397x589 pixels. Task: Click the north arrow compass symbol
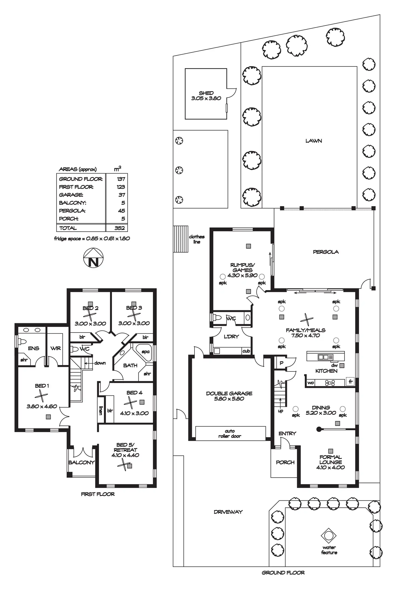[93, 258]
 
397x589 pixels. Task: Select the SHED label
[206, 93]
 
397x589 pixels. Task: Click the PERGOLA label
[326, 252]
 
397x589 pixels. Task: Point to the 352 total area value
[119, 228]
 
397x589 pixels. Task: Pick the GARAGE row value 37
[122, 195]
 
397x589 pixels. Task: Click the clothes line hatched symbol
[180, 239]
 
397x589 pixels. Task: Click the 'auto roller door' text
[230, 433]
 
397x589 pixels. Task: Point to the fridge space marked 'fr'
[350, 382]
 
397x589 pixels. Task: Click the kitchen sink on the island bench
[323, 357]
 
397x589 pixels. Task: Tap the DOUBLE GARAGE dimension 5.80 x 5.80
[229, 399]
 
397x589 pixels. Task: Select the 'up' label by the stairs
[280, 411]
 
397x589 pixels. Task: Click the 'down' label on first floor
[100, 363]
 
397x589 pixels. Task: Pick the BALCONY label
[81, 462]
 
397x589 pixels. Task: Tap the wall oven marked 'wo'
[311, 383]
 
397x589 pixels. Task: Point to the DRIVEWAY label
[228, 512]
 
